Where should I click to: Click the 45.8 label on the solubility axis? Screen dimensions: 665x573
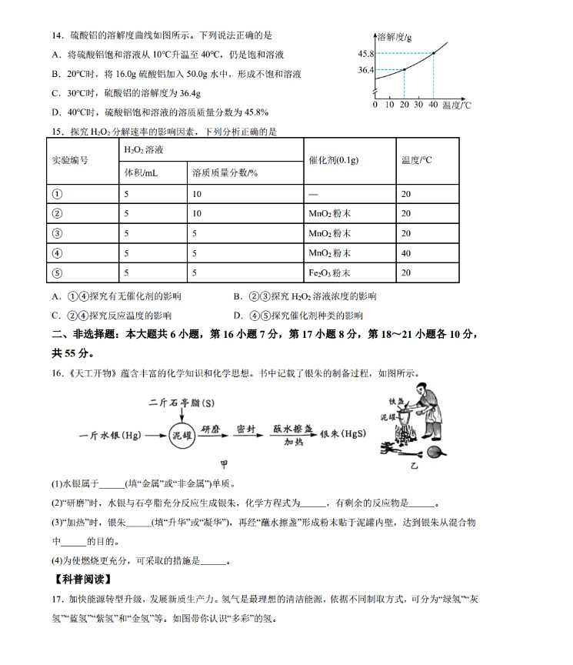coord(365,53)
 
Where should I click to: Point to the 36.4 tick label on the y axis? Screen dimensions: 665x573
coord(365,70)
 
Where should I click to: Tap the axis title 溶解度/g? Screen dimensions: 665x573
coord(395,36)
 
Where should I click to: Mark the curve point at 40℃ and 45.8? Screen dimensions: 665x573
coord(434,53)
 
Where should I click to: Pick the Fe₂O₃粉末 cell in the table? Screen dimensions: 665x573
coord(329,272)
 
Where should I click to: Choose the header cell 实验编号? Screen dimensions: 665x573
coord(70,160)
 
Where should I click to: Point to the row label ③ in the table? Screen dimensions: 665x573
coord(56,234)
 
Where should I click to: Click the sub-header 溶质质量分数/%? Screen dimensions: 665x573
coord(225,173)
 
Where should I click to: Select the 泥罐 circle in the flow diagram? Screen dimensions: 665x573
coord(182,434)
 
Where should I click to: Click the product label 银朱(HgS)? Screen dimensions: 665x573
coord(343,433)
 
